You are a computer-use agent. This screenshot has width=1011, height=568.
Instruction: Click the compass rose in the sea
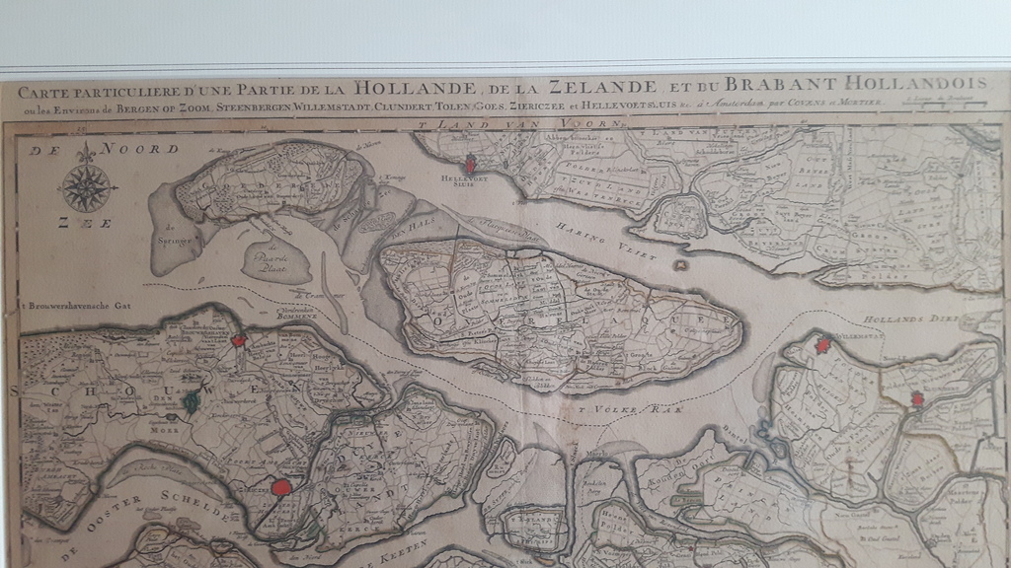point(88,187)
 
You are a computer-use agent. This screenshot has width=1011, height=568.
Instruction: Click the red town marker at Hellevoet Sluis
point(471,164)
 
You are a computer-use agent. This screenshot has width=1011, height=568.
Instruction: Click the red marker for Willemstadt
point(823,344)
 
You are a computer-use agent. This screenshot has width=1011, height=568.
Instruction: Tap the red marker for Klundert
point(917,399)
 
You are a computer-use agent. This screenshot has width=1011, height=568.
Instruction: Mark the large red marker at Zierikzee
point(281,486)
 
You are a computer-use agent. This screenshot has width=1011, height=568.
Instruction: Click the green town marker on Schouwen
point(191,401)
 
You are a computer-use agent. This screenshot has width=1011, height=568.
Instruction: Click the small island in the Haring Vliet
point(679,264)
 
